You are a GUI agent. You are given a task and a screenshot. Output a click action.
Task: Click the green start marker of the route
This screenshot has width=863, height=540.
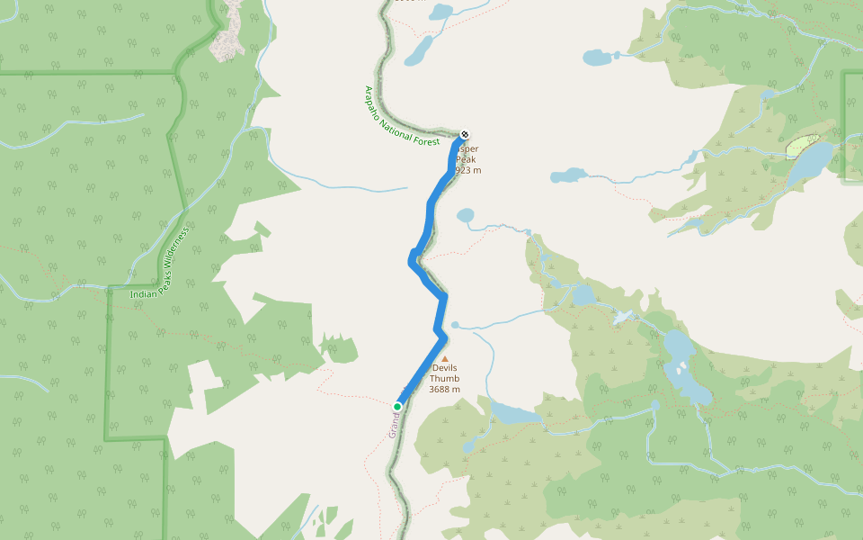397,407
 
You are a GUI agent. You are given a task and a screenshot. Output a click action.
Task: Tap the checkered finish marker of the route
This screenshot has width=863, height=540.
464,135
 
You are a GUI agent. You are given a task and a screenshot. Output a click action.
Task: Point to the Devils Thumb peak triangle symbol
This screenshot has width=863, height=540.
444,358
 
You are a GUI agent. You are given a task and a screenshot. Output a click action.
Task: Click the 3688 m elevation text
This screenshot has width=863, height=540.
445,390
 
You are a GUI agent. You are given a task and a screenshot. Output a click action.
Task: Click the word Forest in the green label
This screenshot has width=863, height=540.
424,140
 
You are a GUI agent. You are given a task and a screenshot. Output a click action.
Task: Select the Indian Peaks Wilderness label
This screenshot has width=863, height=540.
160,263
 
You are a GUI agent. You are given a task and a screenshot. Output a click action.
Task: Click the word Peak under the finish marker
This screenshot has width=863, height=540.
468,160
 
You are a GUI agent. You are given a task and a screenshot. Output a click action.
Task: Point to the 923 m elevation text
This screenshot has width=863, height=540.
468,170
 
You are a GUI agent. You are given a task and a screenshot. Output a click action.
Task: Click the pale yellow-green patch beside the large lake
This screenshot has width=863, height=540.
801,147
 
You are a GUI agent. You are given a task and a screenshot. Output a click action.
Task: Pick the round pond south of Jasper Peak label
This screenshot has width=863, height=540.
465,215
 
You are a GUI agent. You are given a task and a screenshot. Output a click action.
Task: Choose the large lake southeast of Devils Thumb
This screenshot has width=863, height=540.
514,413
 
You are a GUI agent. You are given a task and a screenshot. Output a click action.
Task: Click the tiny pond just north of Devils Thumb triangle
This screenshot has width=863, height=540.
455,325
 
